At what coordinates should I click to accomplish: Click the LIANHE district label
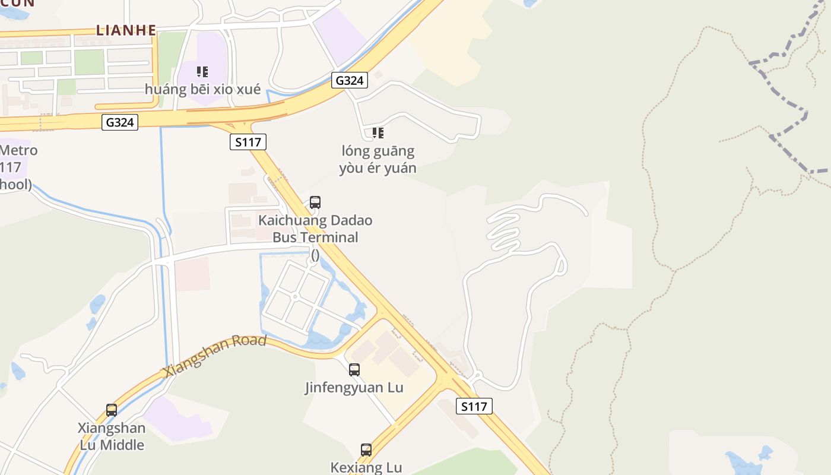[126, 30]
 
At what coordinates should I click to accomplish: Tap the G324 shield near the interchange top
[349, 80]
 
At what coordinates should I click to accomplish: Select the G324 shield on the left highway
[120, 122]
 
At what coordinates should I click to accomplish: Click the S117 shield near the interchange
[248, 142]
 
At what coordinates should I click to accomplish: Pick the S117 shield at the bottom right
[474, 406]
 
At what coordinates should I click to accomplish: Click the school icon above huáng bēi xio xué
[202, 72]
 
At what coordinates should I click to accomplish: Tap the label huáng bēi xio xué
[202, 90]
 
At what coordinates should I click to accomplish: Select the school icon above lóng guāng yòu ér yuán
[378, 133]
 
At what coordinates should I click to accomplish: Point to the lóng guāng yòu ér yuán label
[378, 160]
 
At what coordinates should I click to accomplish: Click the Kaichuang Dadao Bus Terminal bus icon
[315, 202]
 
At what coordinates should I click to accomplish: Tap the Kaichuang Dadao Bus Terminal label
[315, 229]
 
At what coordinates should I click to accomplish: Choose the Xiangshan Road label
[215, 355]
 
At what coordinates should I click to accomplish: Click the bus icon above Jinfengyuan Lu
[354, 370]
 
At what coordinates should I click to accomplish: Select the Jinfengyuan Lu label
[354, 388]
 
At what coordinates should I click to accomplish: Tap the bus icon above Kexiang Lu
[366, 450]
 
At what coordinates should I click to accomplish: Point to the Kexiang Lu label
[366, 467]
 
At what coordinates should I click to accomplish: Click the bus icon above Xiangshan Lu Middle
[112, 410]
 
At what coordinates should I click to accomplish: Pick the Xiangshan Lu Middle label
[112, 436]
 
